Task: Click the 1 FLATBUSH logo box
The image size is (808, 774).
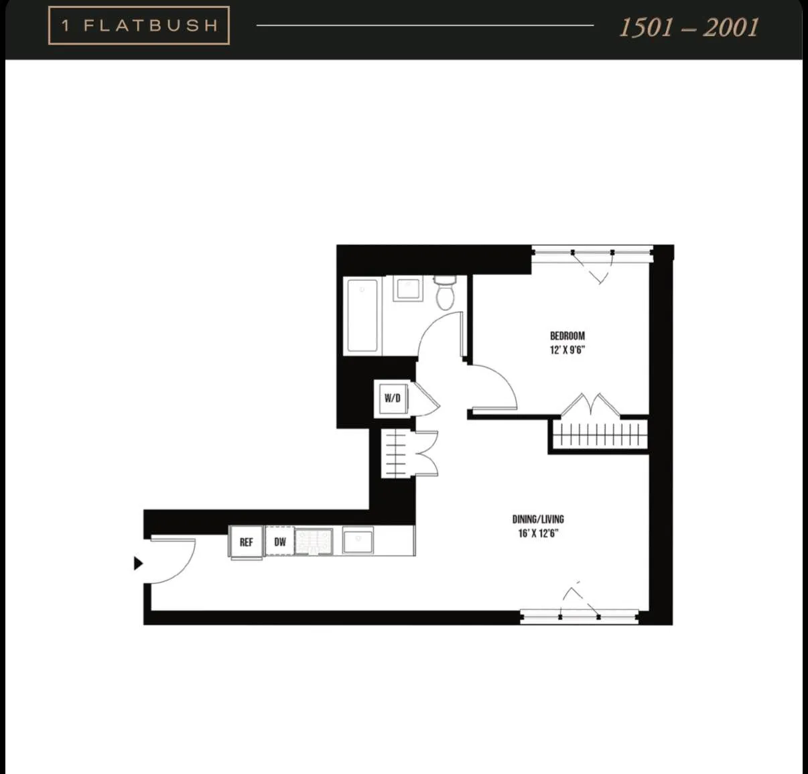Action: click(x=139, y=26)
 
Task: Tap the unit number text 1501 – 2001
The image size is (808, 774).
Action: click(x=688, y=27)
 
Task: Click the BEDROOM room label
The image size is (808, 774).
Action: click(x=567, y=336)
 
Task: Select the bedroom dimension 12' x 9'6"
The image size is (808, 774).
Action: click(x=567, y=350)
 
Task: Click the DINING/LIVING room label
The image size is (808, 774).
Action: click(x=538, y=519)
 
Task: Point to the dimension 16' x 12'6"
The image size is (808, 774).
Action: click(x=538, y=533)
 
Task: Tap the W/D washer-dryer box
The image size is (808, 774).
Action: click(x=392, y=398)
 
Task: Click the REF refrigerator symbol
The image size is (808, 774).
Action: click(x=246, y=542)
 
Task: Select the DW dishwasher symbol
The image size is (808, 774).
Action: click(x=280, y=541)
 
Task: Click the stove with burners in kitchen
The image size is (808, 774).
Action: click(x=314, y=541)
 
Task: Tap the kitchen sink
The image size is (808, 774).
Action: click(x=358, y=541)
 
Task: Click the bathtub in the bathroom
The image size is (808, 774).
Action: click(x=362, y=316)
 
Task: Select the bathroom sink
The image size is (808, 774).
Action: click(x=407, y=289)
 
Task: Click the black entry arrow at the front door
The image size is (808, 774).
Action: click(x=138, y=563)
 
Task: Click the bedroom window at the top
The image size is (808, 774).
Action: click(x=592, y=253)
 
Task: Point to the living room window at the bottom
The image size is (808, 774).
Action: click(x=580, y=615)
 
